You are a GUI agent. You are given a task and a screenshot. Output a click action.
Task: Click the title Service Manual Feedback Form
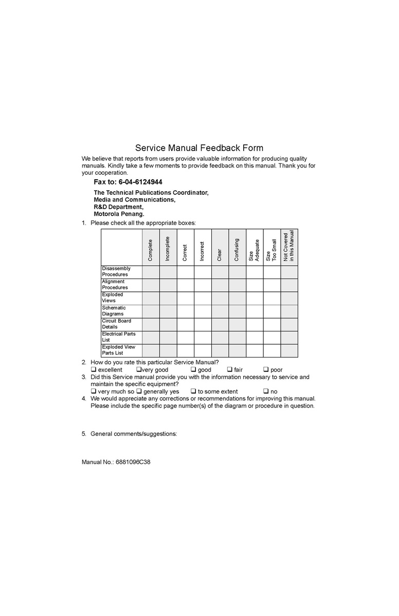[x=199, y=148]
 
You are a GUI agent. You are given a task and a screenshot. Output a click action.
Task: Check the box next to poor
[x=266, y=369]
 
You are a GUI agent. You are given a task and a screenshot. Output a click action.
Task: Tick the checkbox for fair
[x=230, y=369]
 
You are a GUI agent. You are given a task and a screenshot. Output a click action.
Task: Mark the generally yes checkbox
[x=139, y=391]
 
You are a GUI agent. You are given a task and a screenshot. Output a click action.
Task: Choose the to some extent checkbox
[x=194, y=391]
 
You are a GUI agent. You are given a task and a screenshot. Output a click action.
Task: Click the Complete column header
[x=151, y=250]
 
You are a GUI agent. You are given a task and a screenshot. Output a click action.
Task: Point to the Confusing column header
[x=237, y=250]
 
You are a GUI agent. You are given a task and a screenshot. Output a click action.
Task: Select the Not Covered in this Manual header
[x=289, y=247]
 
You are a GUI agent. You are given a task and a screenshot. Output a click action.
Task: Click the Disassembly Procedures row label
[x=116, y=272]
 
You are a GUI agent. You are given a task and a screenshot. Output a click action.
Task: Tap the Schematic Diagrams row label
[x=114, y=311]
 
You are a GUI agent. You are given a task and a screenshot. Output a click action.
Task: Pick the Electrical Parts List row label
[x=119, y=337]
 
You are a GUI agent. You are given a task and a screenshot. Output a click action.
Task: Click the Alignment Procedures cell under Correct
[x=185, y=285]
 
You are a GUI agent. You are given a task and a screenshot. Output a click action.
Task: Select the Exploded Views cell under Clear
[x=220, y=298]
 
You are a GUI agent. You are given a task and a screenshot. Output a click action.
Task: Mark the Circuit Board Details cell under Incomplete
[x=168, y=324]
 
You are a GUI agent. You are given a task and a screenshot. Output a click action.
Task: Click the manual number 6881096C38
[x=132, y=462]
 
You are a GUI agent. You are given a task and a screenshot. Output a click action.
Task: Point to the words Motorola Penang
[x=119, y=214]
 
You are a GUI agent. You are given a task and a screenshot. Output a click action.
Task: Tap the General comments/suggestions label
[x=134, y=434]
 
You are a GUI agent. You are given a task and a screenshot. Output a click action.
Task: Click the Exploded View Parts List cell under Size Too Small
[x=272, y=350]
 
